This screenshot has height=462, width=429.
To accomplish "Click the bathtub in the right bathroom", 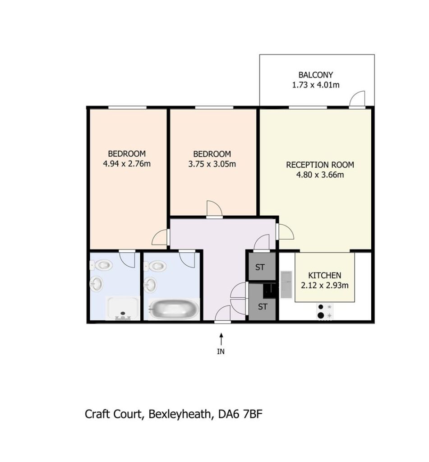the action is point(174,309).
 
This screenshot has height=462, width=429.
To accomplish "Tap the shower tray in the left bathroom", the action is point(123,308).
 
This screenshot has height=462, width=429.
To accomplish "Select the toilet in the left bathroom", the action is point(101,265).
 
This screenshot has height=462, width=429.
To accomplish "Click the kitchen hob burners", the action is point(325,311).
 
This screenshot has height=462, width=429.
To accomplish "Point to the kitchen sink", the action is point(286,284).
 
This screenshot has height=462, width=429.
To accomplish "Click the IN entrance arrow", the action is point(221,339).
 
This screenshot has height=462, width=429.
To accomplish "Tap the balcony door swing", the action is point(357,98).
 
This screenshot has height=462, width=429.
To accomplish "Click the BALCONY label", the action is point(316,75).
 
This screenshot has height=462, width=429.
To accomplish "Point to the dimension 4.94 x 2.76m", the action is point(127,163).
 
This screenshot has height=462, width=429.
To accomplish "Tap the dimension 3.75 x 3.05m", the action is point(212,164).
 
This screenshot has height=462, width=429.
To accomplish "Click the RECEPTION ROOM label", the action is point(320,165).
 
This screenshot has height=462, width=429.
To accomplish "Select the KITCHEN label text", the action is point(325,276).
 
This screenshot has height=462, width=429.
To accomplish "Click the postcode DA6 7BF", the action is point(240,414).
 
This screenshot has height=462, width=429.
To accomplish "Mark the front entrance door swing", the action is point(223,314).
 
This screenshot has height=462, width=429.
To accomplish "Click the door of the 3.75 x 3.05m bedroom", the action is point(215,209).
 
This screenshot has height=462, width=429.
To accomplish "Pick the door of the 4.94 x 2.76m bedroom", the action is point(160,237).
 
